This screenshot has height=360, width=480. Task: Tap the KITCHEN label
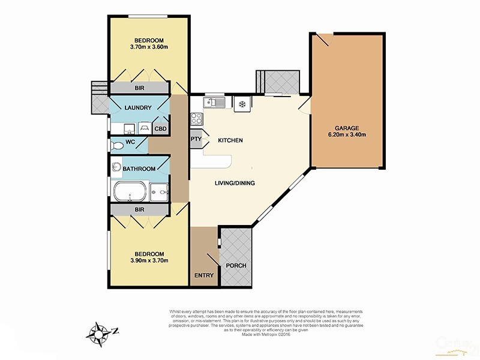[x=230, y=140]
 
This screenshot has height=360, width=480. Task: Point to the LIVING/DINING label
[x=235, y=183]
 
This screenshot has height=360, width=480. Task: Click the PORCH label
[x=236, y=266]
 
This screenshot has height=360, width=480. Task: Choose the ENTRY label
[x=204, y=276]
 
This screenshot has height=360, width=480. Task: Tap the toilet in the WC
[x=118, y=145]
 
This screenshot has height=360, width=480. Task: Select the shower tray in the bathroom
[x=159, y=191]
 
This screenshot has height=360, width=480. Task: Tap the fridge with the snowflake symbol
[x=242, y=103]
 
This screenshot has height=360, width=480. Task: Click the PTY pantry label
[x=196, y=140]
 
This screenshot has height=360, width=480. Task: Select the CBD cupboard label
[x=161, y=128]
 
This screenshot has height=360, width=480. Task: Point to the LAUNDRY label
[x=137, y=108]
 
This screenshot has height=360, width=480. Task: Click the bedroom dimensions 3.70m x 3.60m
[x=148, y=47]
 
